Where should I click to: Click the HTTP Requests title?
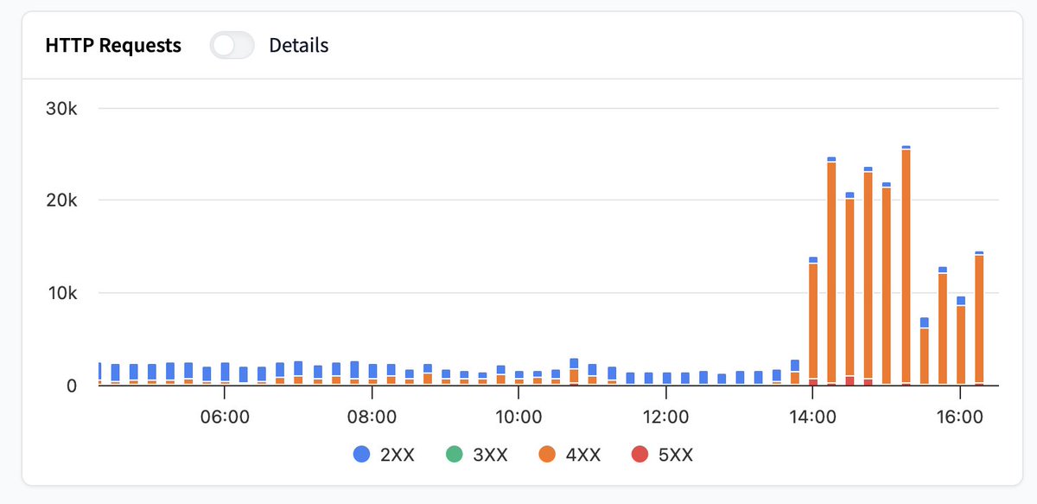113,46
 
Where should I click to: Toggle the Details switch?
232,46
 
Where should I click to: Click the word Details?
299,46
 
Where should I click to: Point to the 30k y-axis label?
61,108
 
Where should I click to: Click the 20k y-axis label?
61,200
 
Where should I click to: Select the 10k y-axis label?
62,293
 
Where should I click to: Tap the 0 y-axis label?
71,386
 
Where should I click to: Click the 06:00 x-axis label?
225,417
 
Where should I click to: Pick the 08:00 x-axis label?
372,417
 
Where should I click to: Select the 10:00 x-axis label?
518,417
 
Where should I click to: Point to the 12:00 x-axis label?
665,417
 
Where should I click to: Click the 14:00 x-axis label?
812,417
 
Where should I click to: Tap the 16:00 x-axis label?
960,417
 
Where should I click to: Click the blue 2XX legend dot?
361,454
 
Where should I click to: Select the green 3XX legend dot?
455,454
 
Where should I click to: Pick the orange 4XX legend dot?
547,454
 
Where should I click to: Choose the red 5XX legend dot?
639,454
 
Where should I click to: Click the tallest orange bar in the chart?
906,266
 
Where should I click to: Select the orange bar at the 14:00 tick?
813,322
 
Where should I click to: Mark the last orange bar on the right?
979,319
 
